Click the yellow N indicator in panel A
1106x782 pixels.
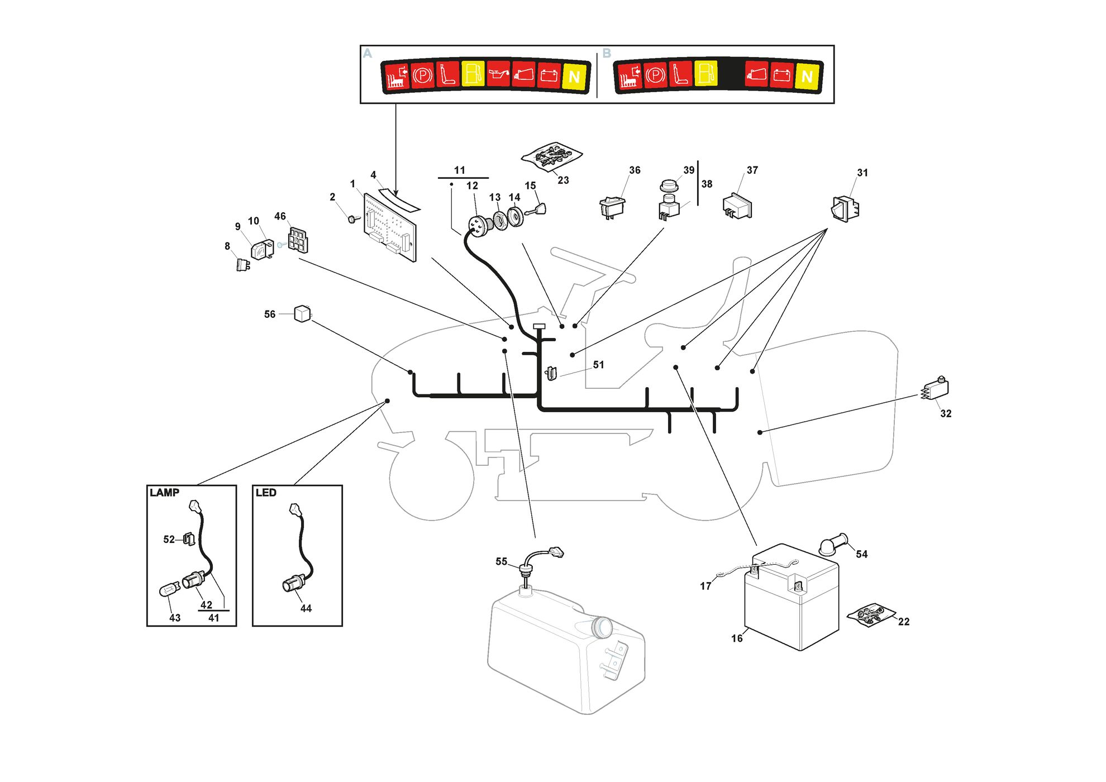pos(574,77)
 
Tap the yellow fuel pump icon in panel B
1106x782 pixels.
pos(706,73)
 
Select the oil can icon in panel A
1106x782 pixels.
pos(498,74)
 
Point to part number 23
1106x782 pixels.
pos(563,180)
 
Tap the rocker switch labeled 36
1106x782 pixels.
pos(613,207)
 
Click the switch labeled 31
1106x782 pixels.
pos(846,209)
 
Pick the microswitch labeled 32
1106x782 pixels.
pos(935,389)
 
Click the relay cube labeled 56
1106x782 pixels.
pos(302,314)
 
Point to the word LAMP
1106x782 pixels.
pos(164,493)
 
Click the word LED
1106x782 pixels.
pos(266,493)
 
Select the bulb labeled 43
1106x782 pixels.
pos(170,589)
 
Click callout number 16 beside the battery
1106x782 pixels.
pos(737,638)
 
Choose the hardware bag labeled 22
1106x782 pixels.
pos(871,614)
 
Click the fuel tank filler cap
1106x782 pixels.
pos(601,627)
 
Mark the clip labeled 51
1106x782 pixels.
pos(551,373)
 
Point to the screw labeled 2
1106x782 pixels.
pos(353,219)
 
